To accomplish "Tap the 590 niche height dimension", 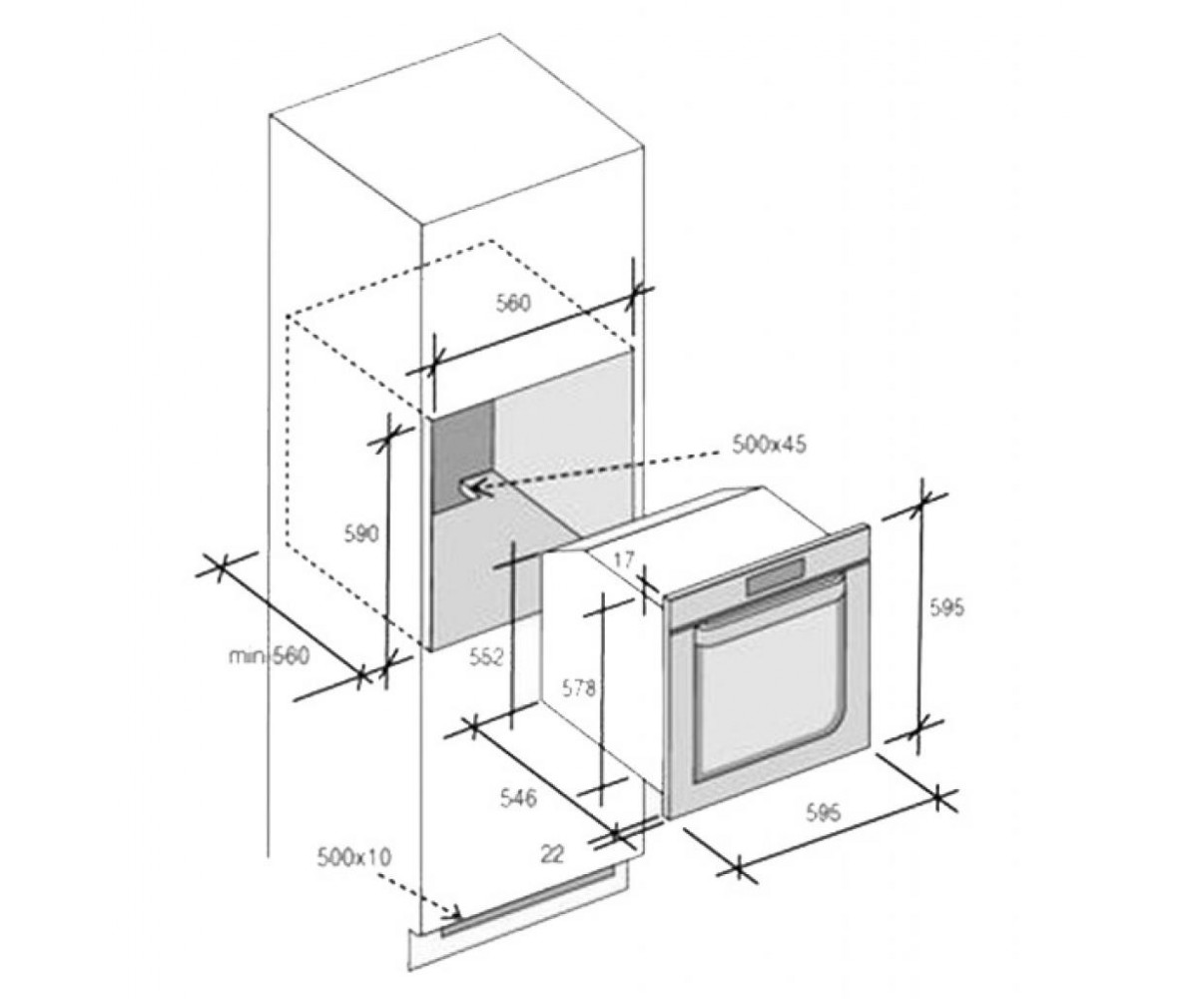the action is tap(360, 533).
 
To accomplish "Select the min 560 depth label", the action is tap(270, 656).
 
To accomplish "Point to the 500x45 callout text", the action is tap(769, 444).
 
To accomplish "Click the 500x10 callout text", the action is tap(353, 858).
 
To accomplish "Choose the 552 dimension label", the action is tap(486, 656).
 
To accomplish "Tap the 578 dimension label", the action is tap(578, 688).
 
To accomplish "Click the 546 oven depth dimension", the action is tap(518, 798).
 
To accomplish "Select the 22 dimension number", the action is tap(553, 855).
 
